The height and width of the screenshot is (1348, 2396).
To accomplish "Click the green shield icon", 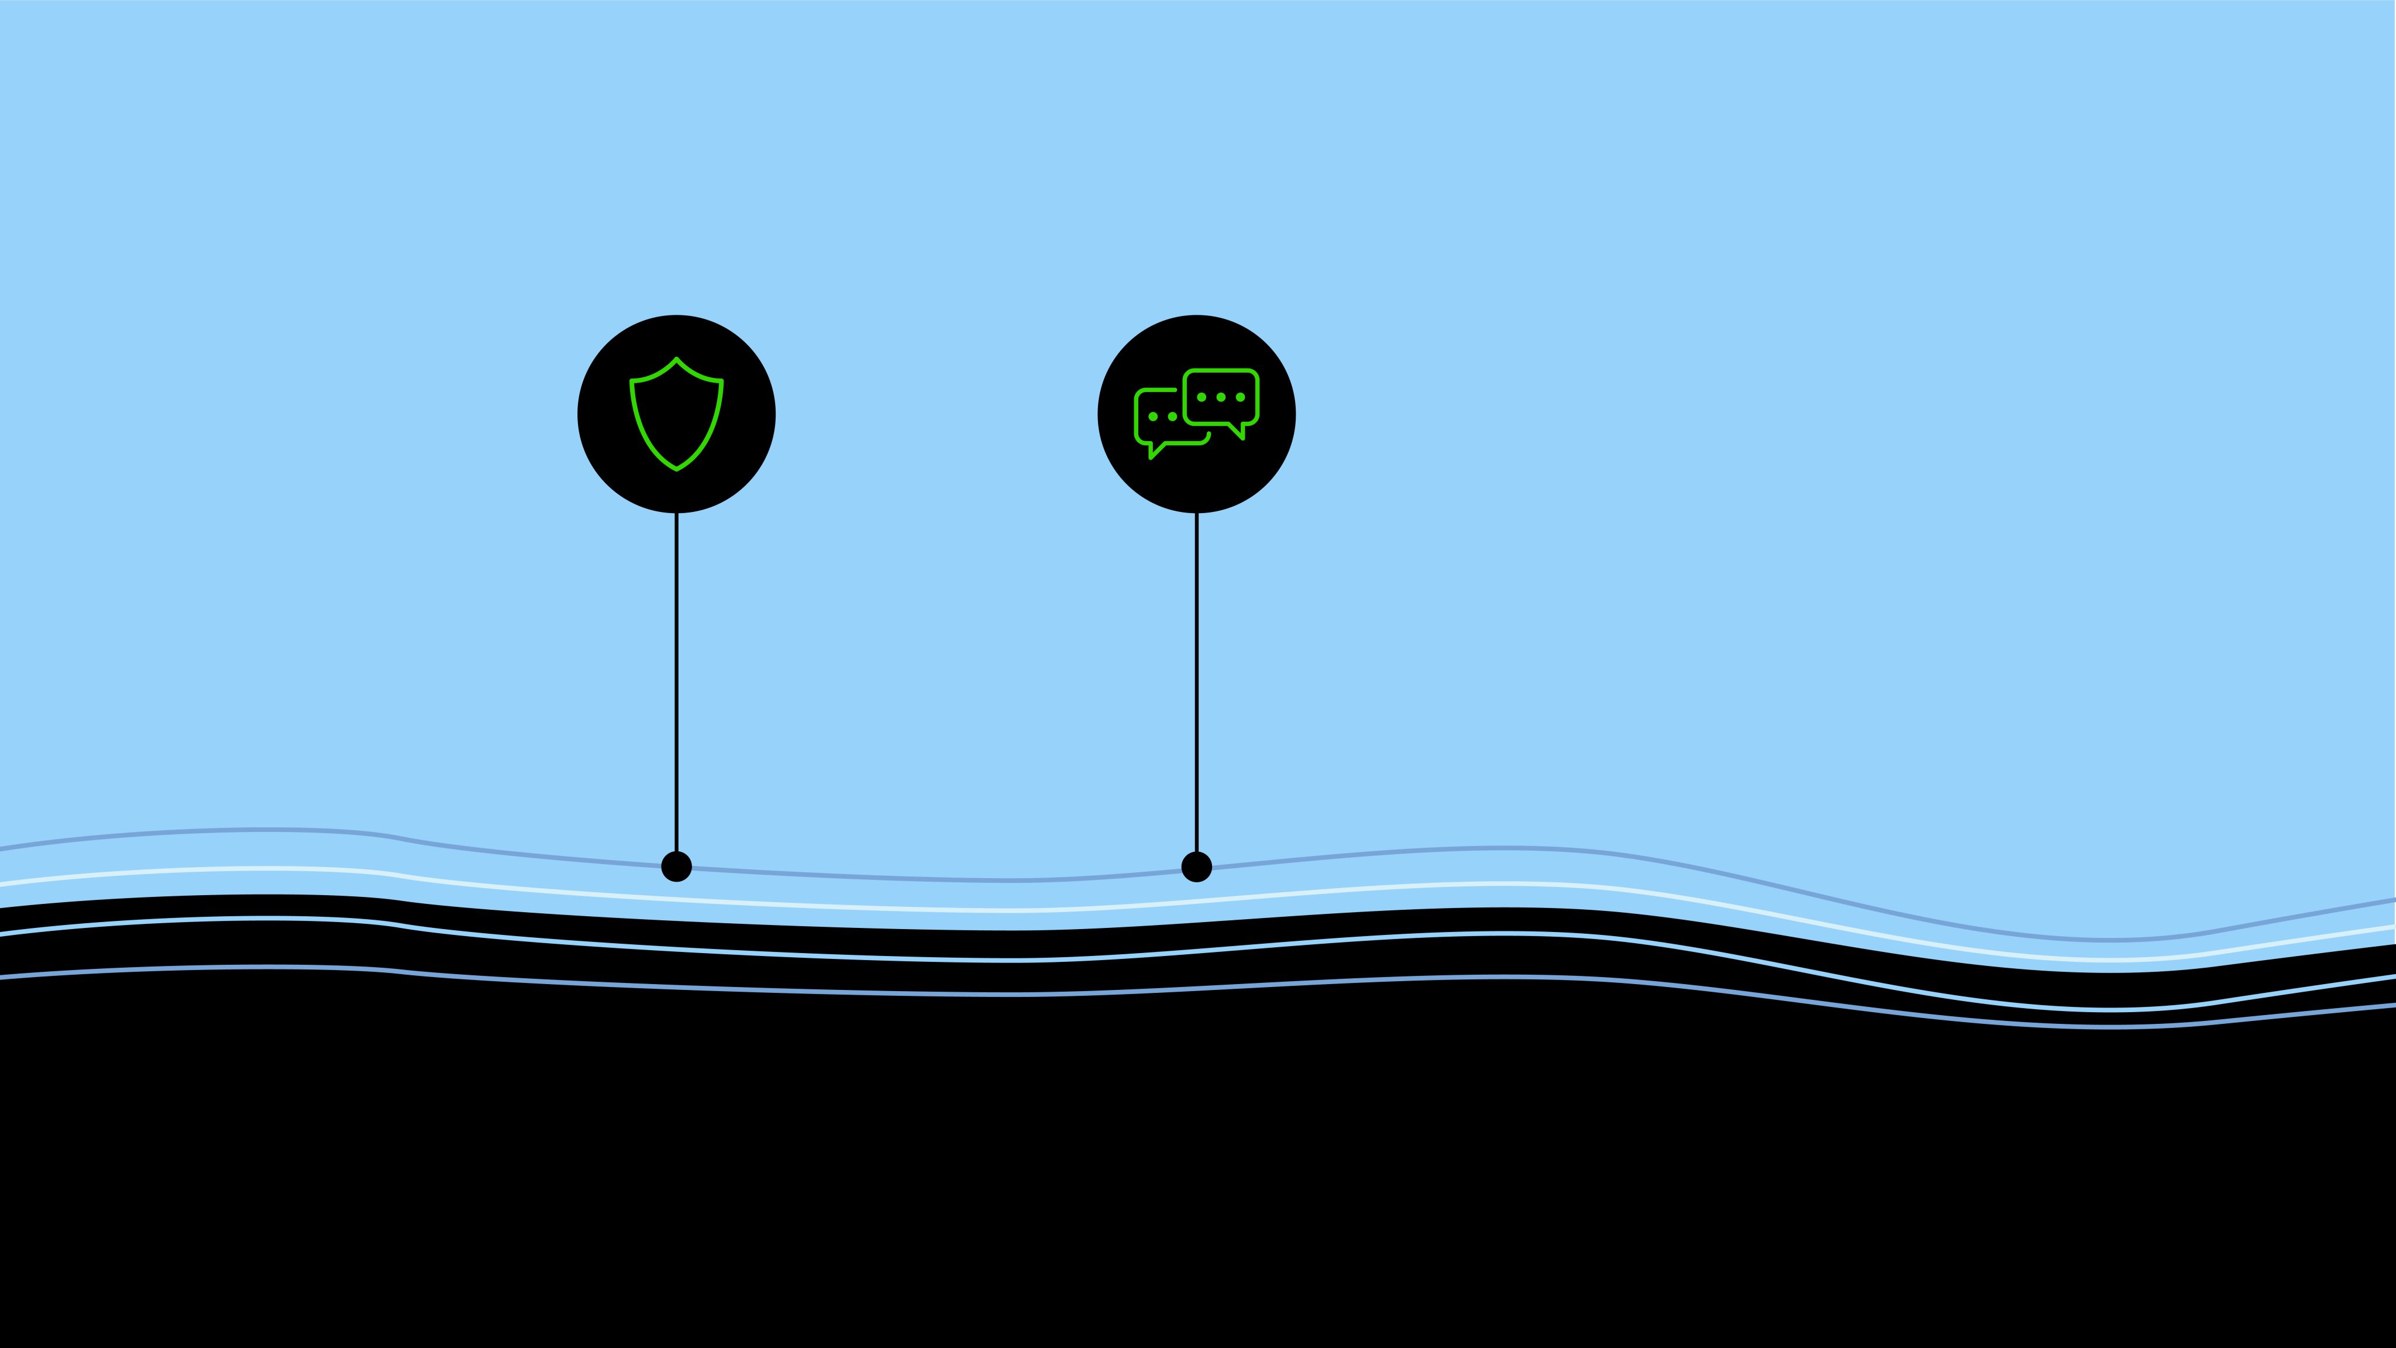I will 676,414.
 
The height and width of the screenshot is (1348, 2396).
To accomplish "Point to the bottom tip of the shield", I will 676,469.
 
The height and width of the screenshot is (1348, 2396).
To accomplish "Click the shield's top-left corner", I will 632,380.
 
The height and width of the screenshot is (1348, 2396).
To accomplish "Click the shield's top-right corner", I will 721,380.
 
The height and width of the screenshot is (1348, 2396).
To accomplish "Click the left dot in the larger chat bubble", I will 1202,397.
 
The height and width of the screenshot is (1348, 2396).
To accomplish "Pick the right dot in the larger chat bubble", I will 1240,397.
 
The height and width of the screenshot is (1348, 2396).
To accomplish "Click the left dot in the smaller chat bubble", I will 1154,417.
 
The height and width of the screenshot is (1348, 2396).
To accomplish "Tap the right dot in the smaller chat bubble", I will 1172,417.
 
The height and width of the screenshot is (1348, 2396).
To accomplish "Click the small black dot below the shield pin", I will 676,866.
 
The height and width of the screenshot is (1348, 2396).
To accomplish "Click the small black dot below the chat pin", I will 1196,866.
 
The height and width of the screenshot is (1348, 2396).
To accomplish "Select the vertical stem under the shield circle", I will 676,679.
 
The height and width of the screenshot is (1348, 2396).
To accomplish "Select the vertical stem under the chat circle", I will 1196,679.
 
